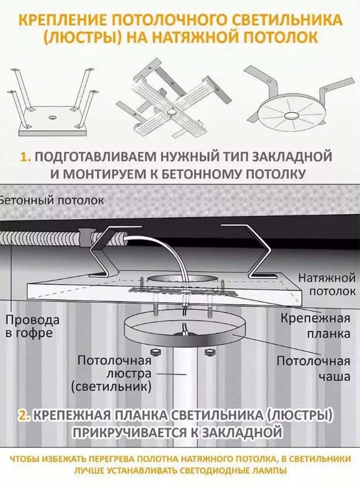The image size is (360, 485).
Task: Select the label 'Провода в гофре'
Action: (32, 326)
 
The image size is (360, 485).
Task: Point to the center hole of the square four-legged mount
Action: (52, 118)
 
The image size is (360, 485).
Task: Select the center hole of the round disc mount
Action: (290, 115)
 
